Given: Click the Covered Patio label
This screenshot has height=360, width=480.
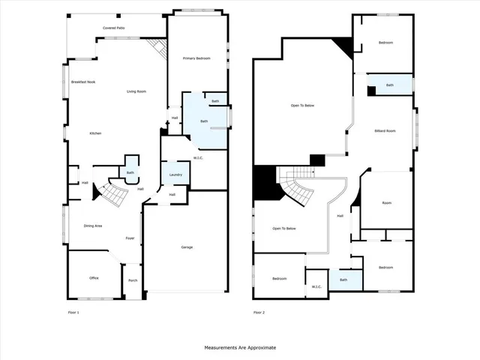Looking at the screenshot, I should (x=114, y=28).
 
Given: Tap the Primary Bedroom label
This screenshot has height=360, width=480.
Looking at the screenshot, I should (x=196, y=58).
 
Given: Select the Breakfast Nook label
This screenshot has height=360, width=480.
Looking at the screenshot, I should (x=83, y=82).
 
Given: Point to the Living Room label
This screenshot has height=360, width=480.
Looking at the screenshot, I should (x=136, y=91).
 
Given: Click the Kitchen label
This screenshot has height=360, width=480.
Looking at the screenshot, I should (x=95, y=133).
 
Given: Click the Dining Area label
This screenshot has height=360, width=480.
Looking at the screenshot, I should (x=93, y=226).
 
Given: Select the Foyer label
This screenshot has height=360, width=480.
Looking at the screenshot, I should (x=130, y=238).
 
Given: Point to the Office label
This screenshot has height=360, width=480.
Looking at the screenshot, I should (x=94, y=278).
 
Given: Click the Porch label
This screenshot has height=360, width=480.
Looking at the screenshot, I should (x=133, y=280).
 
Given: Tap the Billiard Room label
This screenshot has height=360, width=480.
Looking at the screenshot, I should (x=385, y=131).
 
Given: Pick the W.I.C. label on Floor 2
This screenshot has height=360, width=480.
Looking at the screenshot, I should (x=316, y=286).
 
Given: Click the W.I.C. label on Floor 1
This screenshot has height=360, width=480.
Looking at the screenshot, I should (x=199, y=157).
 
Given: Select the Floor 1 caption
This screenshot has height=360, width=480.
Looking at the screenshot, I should (x=73, y=312).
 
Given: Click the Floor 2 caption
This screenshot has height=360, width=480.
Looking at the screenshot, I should (x=259, y=312).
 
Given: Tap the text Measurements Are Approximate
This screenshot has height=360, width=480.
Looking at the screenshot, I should (x=240, y=348).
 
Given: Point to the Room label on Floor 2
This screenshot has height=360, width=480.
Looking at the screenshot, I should (x=386, y=202).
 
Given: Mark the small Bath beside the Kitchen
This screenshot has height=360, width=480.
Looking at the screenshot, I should (x=130, y=172).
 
